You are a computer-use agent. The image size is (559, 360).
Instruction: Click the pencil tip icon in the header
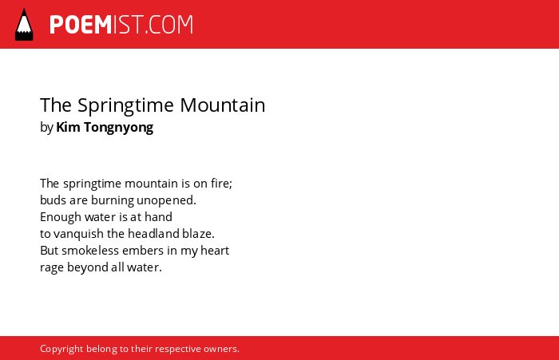(24, 24)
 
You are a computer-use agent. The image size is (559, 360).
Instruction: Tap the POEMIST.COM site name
(121, 25)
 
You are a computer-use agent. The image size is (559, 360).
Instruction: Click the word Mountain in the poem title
(223, 105)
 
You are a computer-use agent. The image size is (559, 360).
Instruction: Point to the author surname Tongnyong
(119, 128)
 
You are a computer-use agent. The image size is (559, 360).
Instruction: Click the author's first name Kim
(68, 127)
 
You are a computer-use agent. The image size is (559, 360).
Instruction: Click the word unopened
(166, 200)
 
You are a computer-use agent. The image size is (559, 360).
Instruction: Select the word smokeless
(90, 251)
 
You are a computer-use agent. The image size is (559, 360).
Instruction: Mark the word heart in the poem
(215, 251)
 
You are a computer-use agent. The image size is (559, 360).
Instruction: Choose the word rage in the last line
(52, 268)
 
